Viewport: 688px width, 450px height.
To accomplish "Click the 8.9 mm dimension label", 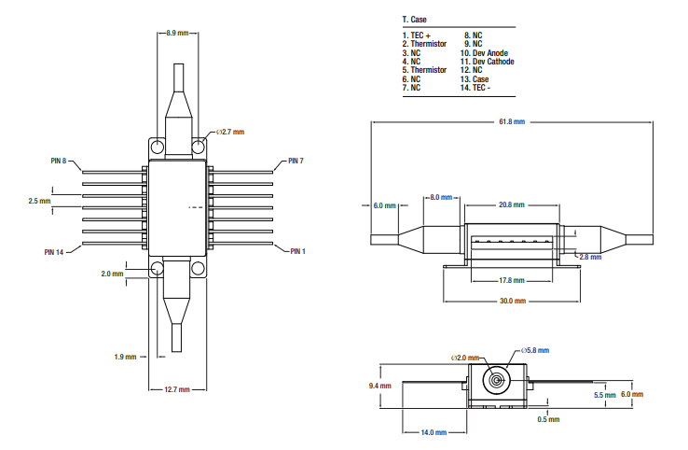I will pos(177,33).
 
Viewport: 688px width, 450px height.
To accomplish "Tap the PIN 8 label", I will pos(59,162).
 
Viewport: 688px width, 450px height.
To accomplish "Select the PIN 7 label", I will pos(296,162).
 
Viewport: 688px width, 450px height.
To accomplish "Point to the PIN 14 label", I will pos(55,251).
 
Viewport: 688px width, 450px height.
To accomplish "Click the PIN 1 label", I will pos(297,251).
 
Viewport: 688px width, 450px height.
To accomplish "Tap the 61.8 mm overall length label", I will pos(512,122).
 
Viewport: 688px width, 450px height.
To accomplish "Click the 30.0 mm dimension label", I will pos(512,301).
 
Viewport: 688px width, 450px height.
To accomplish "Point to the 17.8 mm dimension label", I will pos(511,280).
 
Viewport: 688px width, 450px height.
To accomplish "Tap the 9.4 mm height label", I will pos(379,386).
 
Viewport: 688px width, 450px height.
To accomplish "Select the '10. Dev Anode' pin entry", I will pos(486,53).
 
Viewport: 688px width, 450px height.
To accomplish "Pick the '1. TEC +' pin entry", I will pos(417,36).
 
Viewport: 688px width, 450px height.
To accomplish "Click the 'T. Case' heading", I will pos(414,19).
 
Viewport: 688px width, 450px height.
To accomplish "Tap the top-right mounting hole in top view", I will pos(198,146).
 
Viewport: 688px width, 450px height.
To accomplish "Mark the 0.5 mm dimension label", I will pos(549,419).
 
